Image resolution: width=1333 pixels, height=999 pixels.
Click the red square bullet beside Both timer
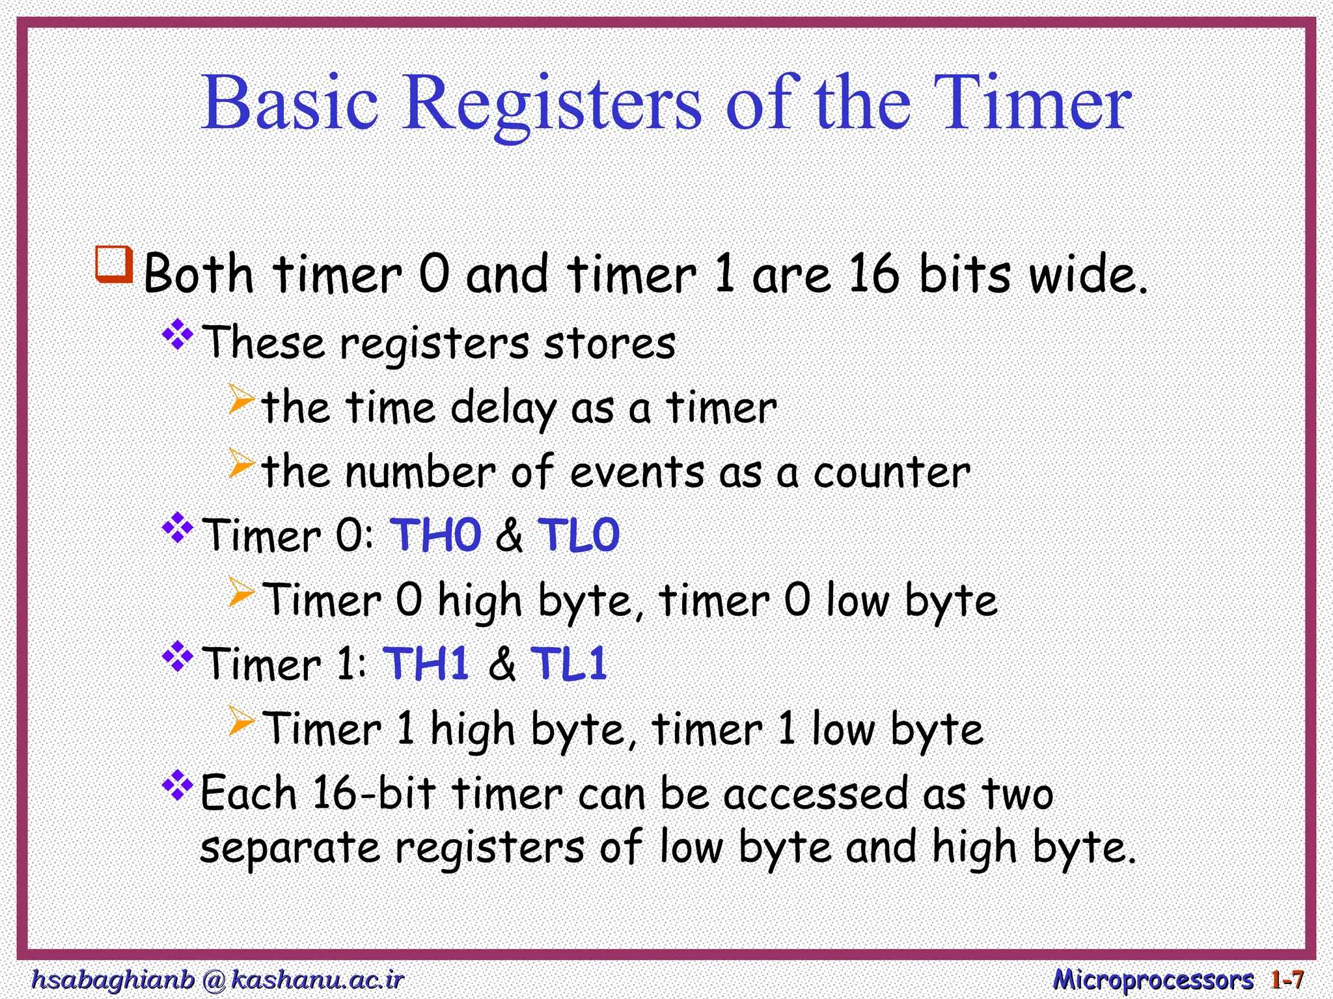[x=115, y=264]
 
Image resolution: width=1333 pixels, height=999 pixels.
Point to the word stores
[x=609, y=343]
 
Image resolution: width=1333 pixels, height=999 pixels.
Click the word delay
[x=503, y=409]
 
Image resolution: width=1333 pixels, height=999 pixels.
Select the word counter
[x=892, y=472]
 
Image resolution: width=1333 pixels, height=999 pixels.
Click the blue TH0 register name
[x=435, y=535]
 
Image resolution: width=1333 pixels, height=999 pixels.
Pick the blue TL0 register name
[x=579, y=535]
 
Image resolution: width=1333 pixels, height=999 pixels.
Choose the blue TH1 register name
[x=427, y=664]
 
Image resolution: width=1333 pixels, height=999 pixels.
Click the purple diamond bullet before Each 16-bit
[x=178, y=786]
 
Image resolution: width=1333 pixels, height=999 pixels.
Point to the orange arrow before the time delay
[x=241, y=399]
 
